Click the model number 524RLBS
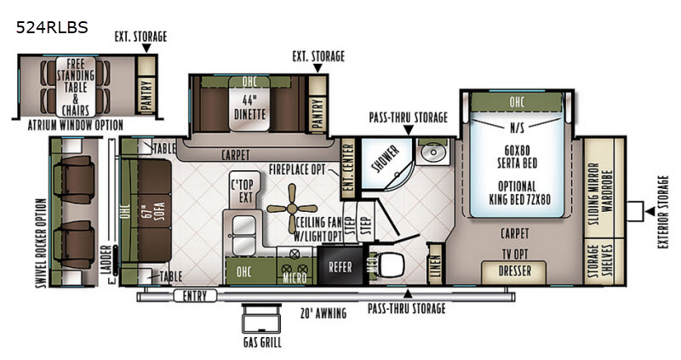click(52, 28)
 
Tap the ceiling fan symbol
click(292, 209)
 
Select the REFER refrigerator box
click(340, 266)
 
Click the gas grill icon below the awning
click(261, 320)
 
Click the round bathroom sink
click(432, 152)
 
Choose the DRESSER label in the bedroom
click(515, 271)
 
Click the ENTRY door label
click(195, 297)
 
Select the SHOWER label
click(386, 159)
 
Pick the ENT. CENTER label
click(349, 169)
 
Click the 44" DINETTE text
click(249, 108)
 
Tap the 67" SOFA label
click(154, 210)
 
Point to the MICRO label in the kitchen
click(295, 277)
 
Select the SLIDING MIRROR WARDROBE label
click(600, 195)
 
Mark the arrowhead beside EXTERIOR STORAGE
click(650, 211)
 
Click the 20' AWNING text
click(323, 312)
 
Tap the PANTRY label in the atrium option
click(146, 95)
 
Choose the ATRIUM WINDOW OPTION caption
click(76, 125)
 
